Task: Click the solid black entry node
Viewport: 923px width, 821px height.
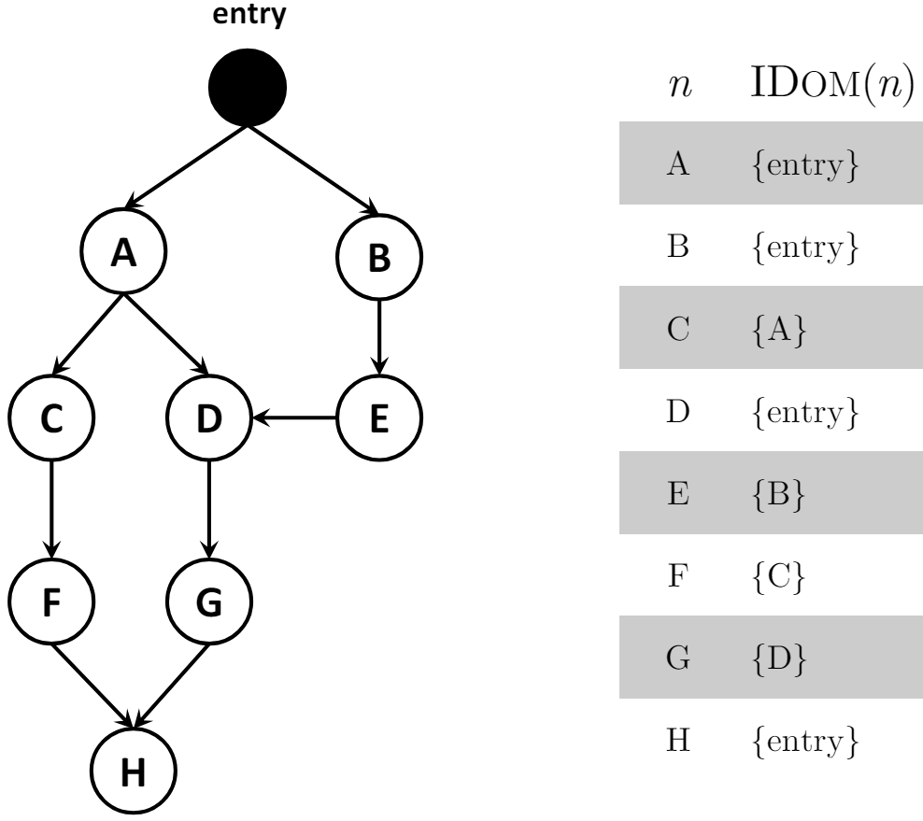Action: tap(248, 87)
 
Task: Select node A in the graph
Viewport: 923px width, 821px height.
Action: tap(123, 251)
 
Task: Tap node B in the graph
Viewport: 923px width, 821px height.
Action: tap(379, 257)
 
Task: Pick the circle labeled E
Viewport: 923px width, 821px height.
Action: tap(379, 418)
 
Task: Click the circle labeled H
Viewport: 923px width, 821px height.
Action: tap(134, 771)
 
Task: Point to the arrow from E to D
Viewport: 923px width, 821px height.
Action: tap(294, 418)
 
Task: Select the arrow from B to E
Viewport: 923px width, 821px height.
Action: tap(379, 338)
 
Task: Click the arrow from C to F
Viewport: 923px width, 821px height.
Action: tap(51, 510)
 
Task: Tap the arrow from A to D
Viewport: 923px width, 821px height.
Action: tap(166, 335)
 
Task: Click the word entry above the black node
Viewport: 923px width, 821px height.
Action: tap(249, 14)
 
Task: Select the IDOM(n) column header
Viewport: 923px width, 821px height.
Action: tap(832, 84)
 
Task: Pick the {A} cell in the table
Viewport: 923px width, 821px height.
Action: tap(779, 329)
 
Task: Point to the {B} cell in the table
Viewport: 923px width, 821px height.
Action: tap(778, 494)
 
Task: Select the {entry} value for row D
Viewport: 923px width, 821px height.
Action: tap(805, 412)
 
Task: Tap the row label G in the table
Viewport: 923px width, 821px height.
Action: tap(678, 658)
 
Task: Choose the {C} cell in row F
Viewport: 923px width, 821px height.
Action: tap(778, 576)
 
